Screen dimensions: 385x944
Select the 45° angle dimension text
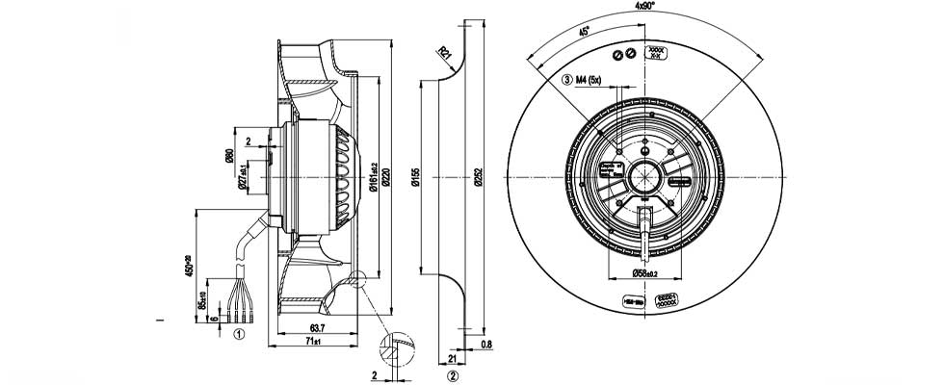coord(585,32)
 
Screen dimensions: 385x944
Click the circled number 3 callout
coord(567,80)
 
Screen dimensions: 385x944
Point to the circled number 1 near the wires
coord(238,335)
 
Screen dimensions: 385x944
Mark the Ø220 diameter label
coord(385,178)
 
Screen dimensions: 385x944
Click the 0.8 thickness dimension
coord(485,344)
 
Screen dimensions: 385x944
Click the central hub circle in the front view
coord(643,178)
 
